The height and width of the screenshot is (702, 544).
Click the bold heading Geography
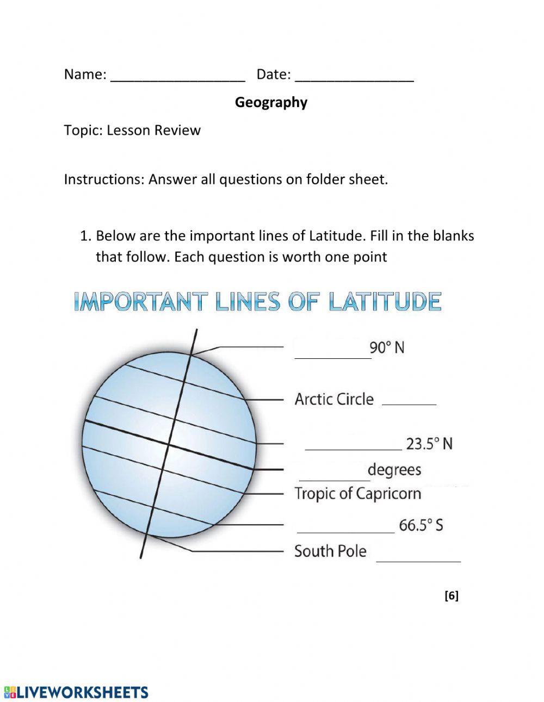coord(271,102)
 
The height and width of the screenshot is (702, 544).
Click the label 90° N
coord(387,347)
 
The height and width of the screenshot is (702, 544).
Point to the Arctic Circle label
coord(334,399)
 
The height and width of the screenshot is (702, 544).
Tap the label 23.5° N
coord(429,444)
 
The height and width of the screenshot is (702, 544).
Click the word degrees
coord(394,469)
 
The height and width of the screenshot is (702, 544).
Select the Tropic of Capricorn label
coord(357,494)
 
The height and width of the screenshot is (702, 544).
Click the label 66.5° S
coord(421,525)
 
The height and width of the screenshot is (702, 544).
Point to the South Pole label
coord(330,551)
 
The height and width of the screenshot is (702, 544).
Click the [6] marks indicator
coord(452,596)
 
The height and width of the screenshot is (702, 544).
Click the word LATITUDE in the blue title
coord(385,302)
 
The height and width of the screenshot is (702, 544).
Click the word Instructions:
coord(104,179)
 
